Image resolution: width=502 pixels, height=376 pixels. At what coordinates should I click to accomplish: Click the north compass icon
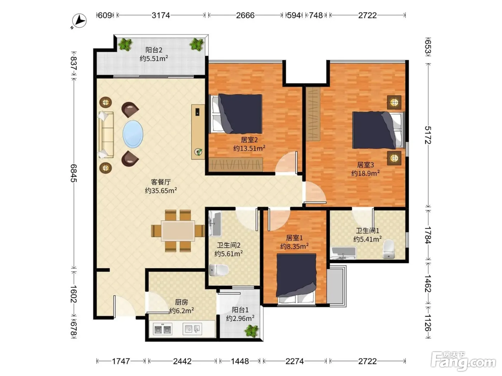pyautogui.click(x=79, y=21)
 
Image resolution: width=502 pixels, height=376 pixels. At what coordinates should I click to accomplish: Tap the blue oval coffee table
pyautogui.click(x=133, y=134)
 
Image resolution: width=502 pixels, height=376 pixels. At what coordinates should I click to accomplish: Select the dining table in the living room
pyautogui.click(x=178, y=231)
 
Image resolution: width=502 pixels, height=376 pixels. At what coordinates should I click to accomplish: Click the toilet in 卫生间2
pyautogui.click(x=219, y=270)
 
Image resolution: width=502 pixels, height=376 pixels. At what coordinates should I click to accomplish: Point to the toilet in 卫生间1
pyautogui.click(x=389, y=249)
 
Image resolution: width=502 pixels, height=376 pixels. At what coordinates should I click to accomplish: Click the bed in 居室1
pyautogui.click(x=297, y=279)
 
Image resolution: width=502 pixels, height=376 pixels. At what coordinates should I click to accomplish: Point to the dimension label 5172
pyautogui.click(x=428, y=135)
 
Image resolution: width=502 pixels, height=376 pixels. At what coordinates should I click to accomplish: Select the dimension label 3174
pyautogui.click(x=161, y=15)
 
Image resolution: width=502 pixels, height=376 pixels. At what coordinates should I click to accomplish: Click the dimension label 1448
pyautogui.click(x=240, y=361)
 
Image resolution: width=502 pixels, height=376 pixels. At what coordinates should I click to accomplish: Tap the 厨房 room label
pyautogui.click(x=181, y=302)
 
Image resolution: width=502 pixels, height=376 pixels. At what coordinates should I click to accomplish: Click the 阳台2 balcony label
pyautogui.click(x=154, y=50)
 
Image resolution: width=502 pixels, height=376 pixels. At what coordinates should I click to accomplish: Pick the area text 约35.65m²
pyautogui.click(x=161, y=190)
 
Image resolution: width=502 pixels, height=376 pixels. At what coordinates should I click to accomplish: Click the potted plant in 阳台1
pyautogui.click(x=252, y=331)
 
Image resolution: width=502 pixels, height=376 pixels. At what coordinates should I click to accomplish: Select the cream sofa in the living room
pyautogui.click(x=106, y=135)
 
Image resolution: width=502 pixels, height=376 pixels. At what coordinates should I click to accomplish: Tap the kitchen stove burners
pyautogui.click(x=162, y=329)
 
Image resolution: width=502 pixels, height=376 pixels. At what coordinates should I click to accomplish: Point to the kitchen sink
pyautogui.click(x=192, y=329)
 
